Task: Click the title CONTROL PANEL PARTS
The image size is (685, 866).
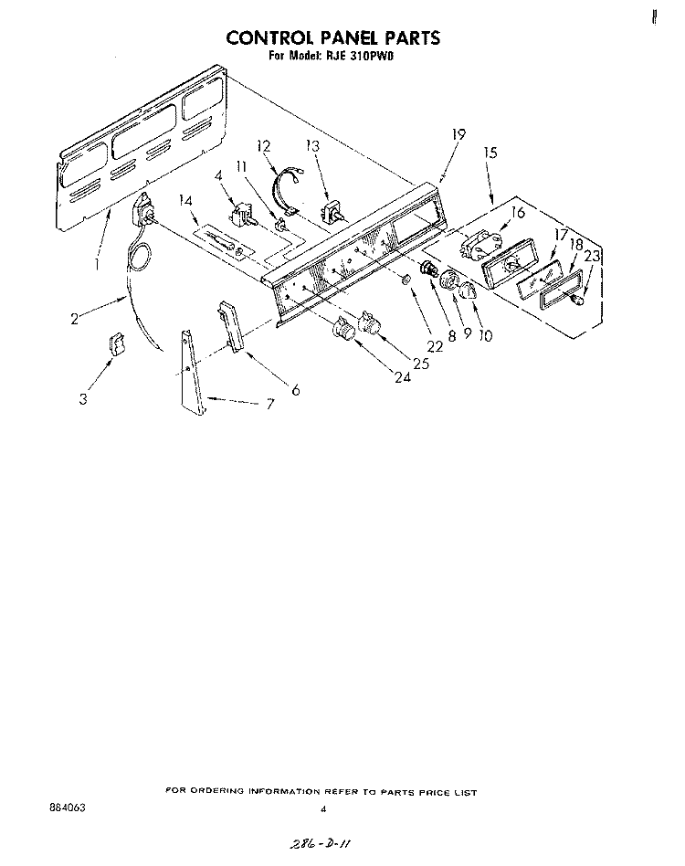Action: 332,37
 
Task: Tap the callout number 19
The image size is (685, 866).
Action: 458,134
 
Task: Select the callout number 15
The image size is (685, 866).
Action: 490,152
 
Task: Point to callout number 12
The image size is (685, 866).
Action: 264,146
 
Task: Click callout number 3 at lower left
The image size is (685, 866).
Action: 83,399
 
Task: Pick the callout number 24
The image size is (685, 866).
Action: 403,377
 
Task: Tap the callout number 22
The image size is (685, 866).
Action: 435,346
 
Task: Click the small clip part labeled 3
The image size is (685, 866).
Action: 117,343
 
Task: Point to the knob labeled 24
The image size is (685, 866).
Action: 342,328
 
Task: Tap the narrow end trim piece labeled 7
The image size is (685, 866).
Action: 193,373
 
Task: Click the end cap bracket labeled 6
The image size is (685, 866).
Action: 231,326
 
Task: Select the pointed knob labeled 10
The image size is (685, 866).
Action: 468,290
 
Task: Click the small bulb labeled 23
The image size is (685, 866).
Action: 577,300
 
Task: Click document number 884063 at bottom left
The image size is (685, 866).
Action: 68,808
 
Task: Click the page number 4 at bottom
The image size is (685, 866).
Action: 323,809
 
